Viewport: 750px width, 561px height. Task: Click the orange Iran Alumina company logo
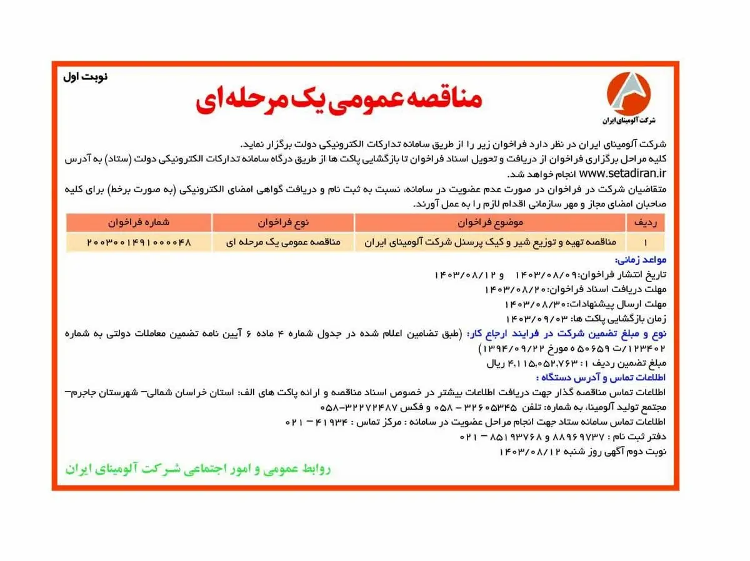[628, 92]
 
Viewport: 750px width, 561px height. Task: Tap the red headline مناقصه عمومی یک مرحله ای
[339, 101]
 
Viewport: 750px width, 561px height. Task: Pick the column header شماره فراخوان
[138, 223]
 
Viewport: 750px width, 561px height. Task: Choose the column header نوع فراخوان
[283, 223]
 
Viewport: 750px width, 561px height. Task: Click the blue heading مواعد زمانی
[641, 260]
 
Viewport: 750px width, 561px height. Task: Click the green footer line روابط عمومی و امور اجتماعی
[198, 469]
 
